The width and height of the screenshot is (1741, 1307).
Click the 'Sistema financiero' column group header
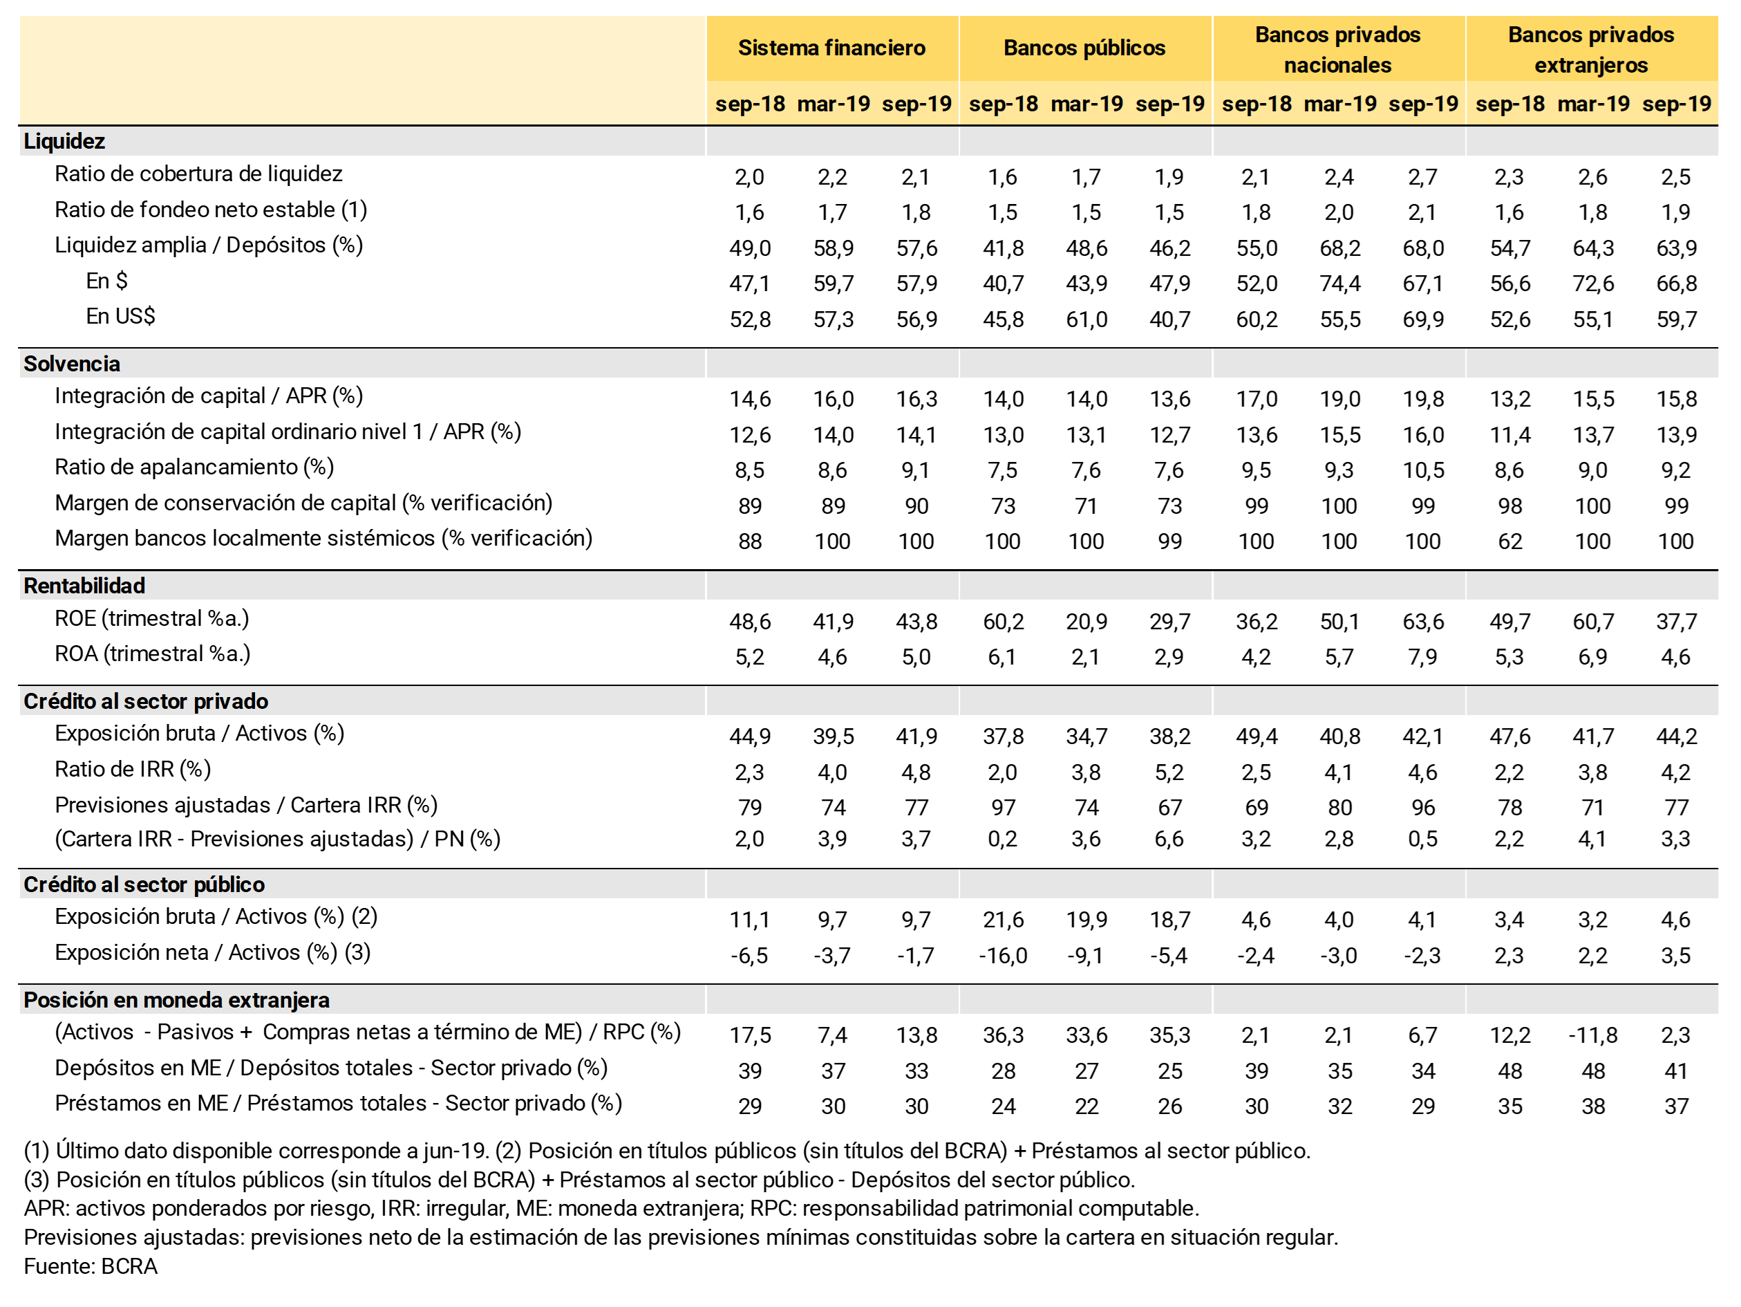pos(831,48)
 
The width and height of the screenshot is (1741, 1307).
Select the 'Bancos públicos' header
pos(1084,48)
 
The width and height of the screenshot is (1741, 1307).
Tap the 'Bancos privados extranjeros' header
pos(1590,49)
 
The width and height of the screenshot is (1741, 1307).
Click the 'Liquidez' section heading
pos(64,141)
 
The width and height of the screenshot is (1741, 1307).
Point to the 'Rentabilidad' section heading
pos(84,586)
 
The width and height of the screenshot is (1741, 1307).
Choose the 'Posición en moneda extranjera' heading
pos(176,1000)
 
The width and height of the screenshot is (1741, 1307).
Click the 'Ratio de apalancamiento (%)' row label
pos(194,467)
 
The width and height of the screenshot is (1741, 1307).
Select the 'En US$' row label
pos(120,317)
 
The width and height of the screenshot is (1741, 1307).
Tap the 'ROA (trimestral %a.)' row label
pos(153,654)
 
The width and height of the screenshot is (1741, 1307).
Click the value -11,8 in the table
pos(1592,1035)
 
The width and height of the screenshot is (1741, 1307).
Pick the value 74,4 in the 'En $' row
pos(1339,284)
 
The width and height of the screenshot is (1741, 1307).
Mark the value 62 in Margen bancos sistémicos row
pos(1509,541)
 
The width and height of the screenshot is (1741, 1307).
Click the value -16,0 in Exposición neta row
pos(1003,956)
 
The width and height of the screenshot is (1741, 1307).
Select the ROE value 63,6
pos(1423,622)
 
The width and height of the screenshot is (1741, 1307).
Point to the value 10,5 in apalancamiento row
pos(1423,471)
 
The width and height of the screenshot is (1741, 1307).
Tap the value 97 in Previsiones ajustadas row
pos(1003,808)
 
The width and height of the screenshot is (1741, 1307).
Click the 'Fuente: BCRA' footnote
pos(91,1266)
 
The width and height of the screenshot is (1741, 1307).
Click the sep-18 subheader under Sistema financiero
pos(749,104)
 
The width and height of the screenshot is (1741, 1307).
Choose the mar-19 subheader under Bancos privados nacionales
pos(1339,104)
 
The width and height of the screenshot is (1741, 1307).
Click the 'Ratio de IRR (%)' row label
pos(133,769)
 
